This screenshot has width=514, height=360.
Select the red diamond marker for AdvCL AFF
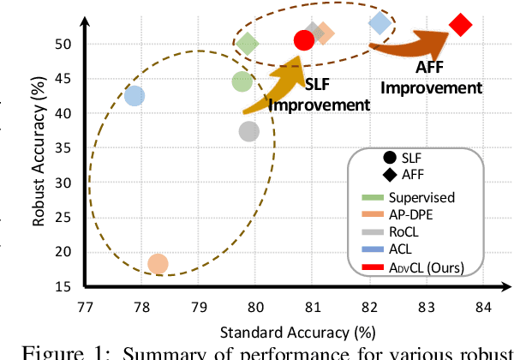click(x=460, y=25)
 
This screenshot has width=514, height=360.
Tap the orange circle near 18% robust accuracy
click(x=158, y=264)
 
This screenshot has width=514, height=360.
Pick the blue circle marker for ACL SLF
click(x=134, y=96)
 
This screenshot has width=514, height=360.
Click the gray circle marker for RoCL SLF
click(x=249, y=131)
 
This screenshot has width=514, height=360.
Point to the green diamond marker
click(x=248, y=44)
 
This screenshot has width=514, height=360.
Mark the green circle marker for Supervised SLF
click(x=242, y=81)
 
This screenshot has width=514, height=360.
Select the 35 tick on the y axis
click(x=72, y=147)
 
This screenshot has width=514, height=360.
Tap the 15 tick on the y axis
click(x=72, y=286)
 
